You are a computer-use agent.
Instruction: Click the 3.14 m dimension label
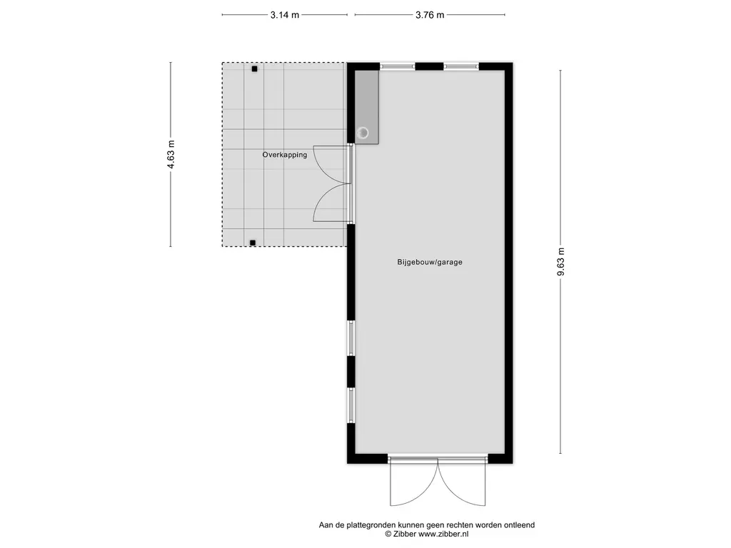click(284, 15)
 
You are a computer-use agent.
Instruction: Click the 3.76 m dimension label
click(430, 15)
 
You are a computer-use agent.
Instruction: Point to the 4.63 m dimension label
click(171, 154)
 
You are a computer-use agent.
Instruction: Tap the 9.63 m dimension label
click(561, 261)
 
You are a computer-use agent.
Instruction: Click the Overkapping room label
click(284, 155)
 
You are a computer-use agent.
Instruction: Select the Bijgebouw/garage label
click(430, 262)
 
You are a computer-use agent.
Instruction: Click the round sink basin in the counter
click(363, 133)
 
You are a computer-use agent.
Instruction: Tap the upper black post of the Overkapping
click(255, 69)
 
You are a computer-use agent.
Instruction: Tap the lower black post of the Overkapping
click(253, 243)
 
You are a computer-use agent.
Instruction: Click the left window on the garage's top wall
click(397, 66)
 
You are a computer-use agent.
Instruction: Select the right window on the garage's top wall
click(461, 66)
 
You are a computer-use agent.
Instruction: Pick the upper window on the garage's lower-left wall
click(351, 338)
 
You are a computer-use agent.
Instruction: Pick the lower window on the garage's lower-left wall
click(351, 405)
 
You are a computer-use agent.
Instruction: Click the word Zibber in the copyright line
click(405, 534)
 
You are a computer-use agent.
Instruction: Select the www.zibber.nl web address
click(443, 534)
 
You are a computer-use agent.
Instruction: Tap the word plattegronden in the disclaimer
click(370, 525)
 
